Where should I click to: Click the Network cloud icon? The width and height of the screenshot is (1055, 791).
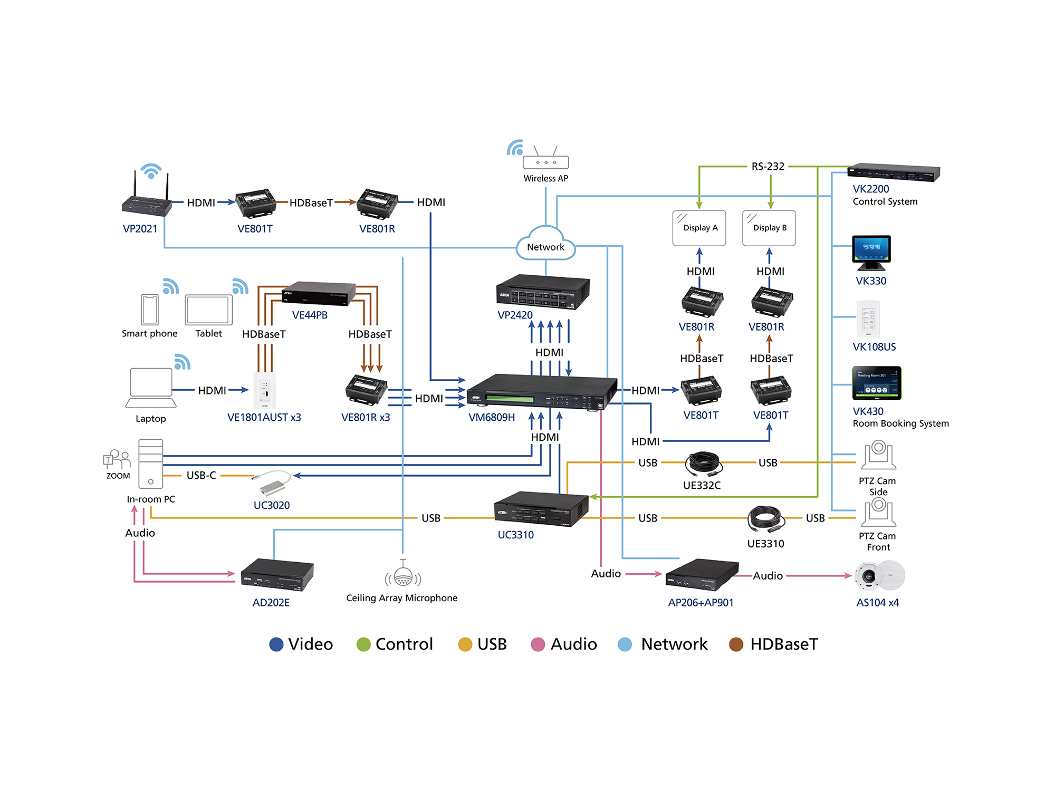[545, 244]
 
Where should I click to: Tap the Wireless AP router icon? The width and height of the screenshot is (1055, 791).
[545, 158]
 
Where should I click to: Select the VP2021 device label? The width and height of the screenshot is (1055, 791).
[140, 229]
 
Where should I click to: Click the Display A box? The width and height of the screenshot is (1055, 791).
[699, 228]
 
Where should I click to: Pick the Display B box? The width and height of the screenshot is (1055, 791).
[769, 228]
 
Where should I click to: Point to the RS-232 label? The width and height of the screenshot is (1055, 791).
[768, 167]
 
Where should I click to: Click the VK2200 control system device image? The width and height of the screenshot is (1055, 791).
[894, 172]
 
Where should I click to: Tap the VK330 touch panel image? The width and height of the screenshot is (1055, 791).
[871, 252]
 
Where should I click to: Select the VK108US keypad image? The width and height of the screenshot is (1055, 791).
[868, 319]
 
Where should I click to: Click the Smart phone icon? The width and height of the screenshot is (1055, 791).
[150, 309]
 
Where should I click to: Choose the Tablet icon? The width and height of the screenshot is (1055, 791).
[209, 310]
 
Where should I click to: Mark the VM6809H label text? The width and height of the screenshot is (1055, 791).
[492, 417]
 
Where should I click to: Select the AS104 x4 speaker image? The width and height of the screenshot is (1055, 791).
[879, 576]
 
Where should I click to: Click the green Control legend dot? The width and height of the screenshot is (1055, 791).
[363, 644]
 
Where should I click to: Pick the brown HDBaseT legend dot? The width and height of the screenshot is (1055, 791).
[736, 644]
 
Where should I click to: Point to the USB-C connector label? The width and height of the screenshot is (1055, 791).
[201, 476]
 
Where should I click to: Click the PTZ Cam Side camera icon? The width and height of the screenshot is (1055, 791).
[878, 455]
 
